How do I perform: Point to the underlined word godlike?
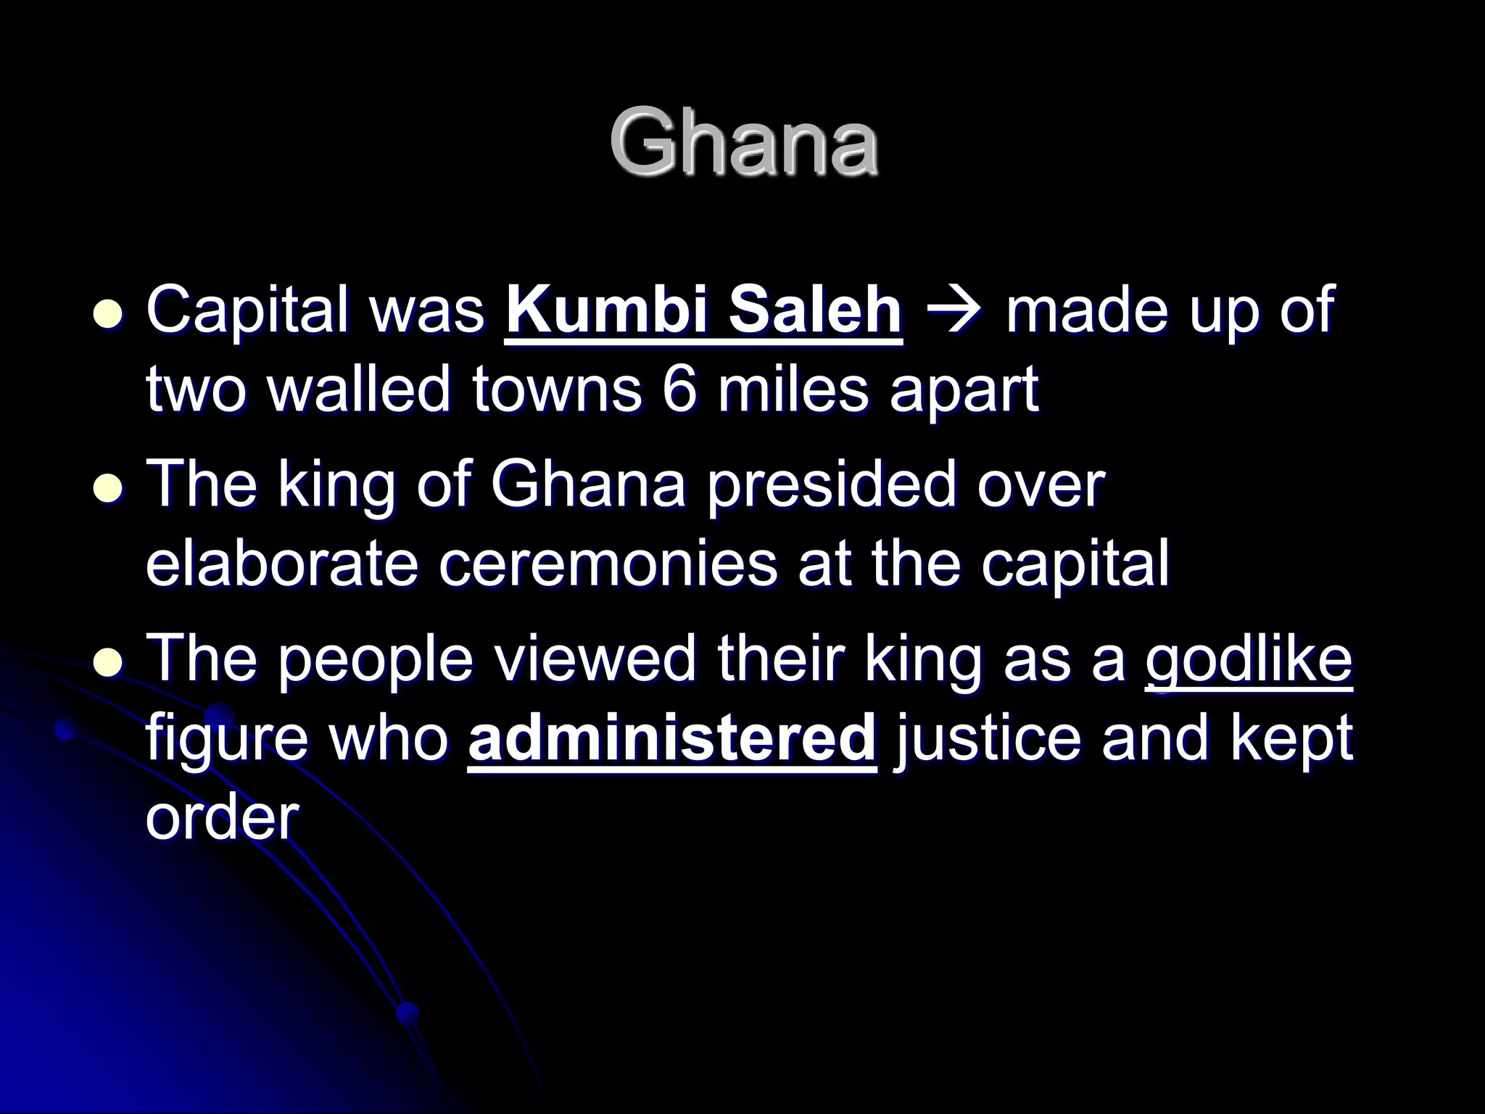tap(1249, 661)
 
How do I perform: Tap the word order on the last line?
tap(222, 818)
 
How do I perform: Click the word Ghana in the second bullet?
tap(588, 484)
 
